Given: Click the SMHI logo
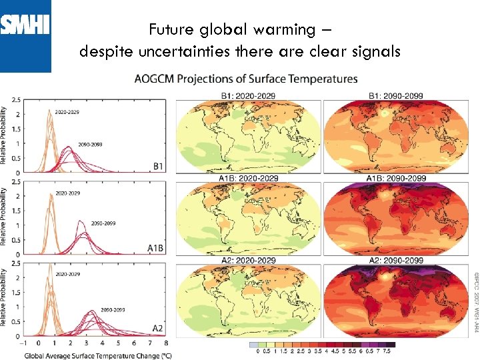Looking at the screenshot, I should pyautogui.click(x=25, y=27).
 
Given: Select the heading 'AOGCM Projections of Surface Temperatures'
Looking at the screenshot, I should pyautogui.click(x=245, y=79).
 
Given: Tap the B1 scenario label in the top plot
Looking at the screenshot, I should pyautogui.click(x=158, y=165).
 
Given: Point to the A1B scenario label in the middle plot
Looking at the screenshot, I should pyautogui.click(x=155, y=248).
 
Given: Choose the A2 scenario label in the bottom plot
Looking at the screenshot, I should pyautogui.click(x=158, y=329).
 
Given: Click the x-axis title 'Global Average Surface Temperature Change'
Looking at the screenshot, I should pyautogui.click(x=98, y=355).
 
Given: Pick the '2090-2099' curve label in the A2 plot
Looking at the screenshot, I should pyautogui.click(x=93, y=310).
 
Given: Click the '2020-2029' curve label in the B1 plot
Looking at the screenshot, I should pyautogui.click(x=67, y=112).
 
